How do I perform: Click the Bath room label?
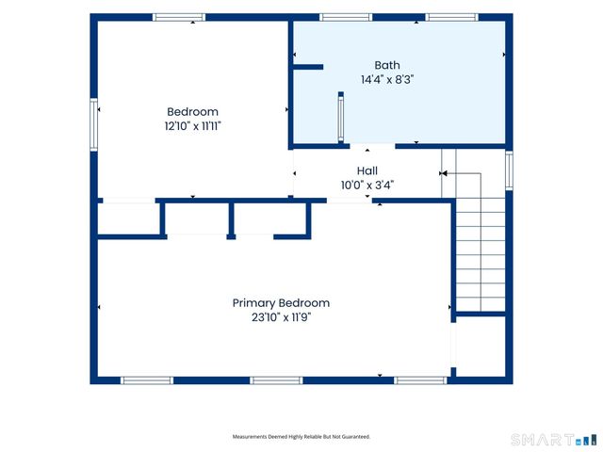pos(387,65)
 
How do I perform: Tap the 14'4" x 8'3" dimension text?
pos(387,79)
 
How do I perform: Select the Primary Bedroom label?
pos(281,303)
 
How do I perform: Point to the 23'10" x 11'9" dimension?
pos(281,317)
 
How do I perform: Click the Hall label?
pos(367,170)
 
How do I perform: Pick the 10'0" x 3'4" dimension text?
pos(367,186)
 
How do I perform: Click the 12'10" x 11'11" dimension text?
pos(192,126)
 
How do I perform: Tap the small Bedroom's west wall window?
pos(94,124)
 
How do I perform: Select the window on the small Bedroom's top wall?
pos(179,17)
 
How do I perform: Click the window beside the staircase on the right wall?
pos(509,169)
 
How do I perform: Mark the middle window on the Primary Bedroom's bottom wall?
pos(276,380)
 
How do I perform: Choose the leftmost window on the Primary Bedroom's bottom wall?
pos(147,380)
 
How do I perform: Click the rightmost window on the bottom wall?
pos(420,380)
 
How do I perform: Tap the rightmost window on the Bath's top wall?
pos(452,17)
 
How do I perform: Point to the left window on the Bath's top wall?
pos(346,17)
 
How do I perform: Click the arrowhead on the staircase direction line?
pos(444,173)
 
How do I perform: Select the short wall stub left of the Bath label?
pos(308,67)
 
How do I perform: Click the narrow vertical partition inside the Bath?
pos(341,117)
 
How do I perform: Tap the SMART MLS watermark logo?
pos(554,440)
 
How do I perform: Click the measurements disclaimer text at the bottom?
pos(301,437)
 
